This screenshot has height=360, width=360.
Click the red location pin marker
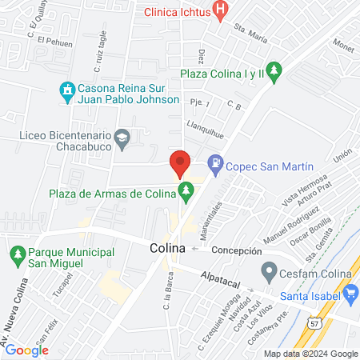[179, 163]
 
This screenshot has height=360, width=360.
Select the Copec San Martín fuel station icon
[214, 166]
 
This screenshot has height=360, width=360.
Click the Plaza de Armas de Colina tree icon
[186, 190]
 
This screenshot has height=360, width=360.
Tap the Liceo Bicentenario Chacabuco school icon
[122, 137]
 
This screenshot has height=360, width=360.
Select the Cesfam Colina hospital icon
[266, 272]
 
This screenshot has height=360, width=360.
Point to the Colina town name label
[167, 249]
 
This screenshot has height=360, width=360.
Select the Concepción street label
[237, 250]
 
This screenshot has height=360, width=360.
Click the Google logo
[26, 350]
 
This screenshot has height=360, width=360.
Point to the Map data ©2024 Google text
[310, 354]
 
